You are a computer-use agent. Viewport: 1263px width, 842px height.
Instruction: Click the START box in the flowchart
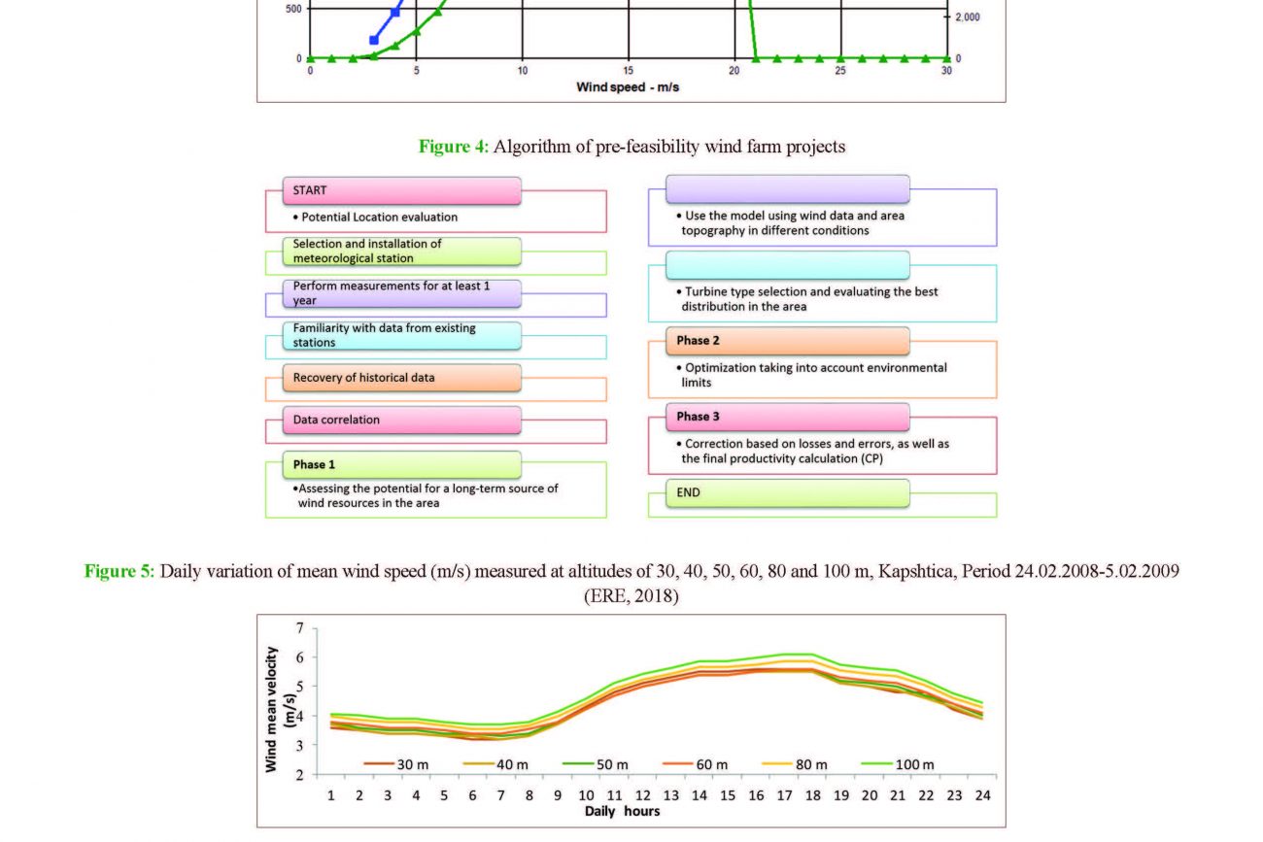pyautogui.click(x=401, y=190)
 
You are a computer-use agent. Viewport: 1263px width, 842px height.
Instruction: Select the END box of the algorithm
pyautogui.click(x=787, y=493)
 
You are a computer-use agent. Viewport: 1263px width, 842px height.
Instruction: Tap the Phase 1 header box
pyautogui.click(x=401, y=464)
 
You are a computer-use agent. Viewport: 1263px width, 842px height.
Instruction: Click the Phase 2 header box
pyautogui.click(x=787, y=341)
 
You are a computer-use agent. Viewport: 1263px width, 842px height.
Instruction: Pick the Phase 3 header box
pyautogui.click(x=787, y=417)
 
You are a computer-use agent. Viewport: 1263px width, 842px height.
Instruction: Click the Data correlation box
pyautogui.click(x=401, y=420)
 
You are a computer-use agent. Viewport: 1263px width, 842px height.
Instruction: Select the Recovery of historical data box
pyautogui.click(x=401, y=377)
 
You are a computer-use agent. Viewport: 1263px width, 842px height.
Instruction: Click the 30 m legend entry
pyautogui.click(x=396, y=764)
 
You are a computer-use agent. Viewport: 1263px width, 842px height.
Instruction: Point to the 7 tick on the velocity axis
pyautogui.click(x=299, y=628)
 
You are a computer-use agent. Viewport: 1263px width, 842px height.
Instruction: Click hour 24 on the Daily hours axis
pyautogui.click(x=982, y=795)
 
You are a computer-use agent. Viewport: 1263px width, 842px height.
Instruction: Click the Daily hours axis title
pyautogui.click(x=622, y=811)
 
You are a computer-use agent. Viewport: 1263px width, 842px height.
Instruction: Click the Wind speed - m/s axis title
pyautogui.click(x=627, y=87)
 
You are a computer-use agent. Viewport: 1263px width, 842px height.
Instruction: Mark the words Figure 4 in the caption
pyautogui.click(x=453, y=147)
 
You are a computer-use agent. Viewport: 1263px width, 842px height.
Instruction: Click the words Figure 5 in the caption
pyautogui.click(x=119, y=571)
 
